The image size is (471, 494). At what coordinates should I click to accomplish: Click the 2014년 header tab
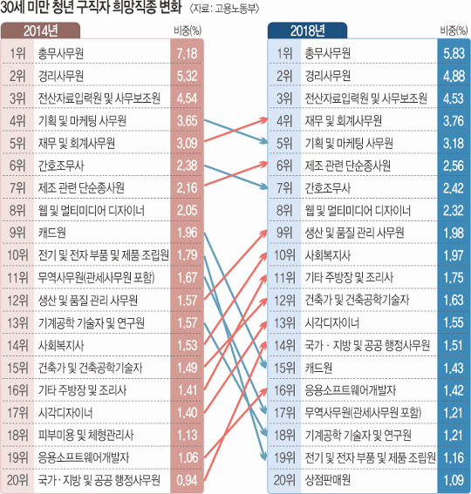point(40,30)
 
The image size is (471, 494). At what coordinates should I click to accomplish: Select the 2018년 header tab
point(307,30)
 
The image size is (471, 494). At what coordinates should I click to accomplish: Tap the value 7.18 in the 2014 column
point(187,53)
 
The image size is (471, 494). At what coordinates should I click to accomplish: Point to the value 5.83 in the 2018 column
point(454,53)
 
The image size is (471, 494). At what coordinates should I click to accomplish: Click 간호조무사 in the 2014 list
point(61,166)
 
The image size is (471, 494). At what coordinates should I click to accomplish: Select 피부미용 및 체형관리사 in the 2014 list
point(85,435)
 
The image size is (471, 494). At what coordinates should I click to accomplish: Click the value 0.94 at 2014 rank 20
point(187,480)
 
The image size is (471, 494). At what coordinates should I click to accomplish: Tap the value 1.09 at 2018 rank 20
point(454,480)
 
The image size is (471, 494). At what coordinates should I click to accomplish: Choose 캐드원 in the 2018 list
point(318,368)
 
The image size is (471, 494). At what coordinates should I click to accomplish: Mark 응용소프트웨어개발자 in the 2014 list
point(84,457)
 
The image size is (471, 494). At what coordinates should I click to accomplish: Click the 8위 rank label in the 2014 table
point(17,211)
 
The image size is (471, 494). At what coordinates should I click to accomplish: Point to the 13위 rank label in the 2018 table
point(284,323)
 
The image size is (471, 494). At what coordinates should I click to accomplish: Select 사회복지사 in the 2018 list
point(327,255)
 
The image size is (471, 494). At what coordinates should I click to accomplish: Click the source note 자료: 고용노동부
point(225,9)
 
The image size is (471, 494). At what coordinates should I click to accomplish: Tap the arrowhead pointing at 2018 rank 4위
point(263,119)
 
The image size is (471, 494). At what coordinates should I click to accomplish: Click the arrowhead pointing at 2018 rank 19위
point(264,456)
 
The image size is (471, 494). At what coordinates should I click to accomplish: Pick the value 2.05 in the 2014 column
point(187,211)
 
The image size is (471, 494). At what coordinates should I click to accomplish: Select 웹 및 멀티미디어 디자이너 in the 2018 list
point(358,211)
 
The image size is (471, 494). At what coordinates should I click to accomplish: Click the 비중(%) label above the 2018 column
point(454,30)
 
